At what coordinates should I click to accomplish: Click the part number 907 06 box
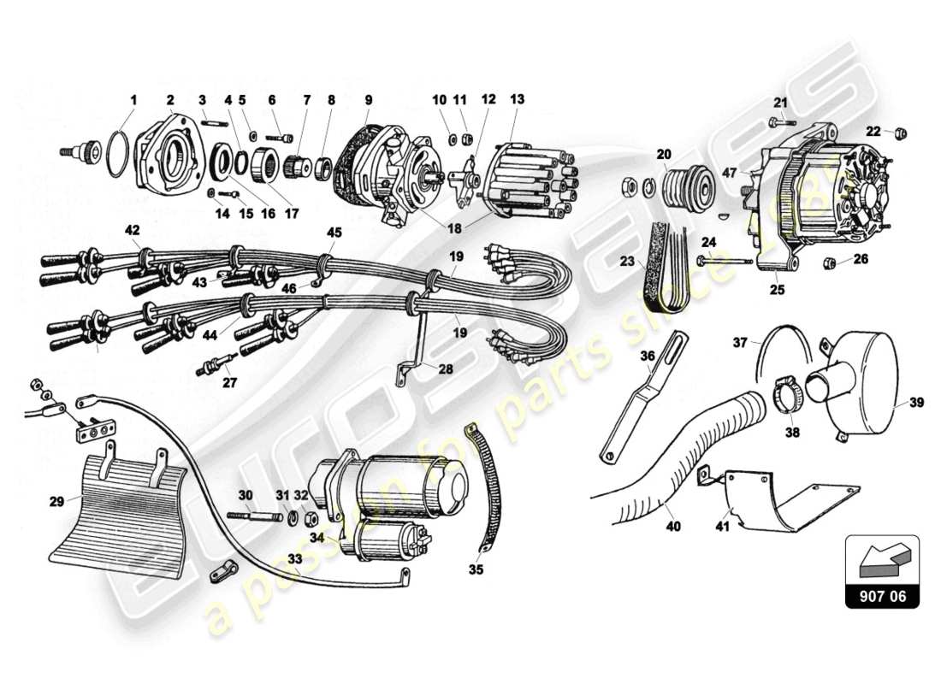[x=882, y=596]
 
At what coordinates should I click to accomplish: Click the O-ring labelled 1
[x=118, y=152]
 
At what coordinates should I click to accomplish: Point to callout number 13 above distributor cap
[x=516, y=99]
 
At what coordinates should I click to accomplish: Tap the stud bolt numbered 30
[x=256, y=516]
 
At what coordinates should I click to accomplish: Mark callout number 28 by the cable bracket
[x=446, y=369]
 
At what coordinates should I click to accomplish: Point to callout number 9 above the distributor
[x=368, y=99]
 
